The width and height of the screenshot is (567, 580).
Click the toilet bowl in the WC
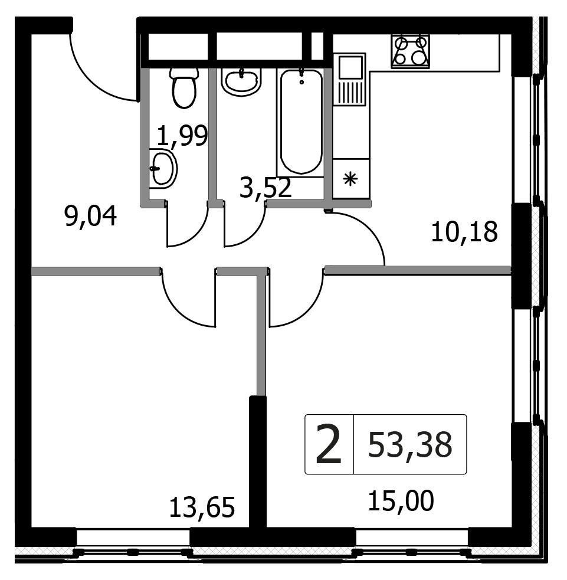[x=184, y=88]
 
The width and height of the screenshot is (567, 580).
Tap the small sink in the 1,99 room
[x=163, y=168]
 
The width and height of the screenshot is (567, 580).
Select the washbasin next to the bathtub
[x=241, y=82]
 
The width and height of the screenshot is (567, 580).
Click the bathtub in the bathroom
[x=301, y=122]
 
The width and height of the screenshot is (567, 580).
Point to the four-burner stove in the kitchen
[x=411, y=51]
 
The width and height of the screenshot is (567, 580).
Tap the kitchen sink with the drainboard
[x=349, y=79]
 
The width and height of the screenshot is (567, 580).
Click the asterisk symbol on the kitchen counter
[x=350, y=179]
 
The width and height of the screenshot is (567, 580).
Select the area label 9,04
[x=91, y=217]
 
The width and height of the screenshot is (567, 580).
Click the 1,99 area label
[x=182, y=136]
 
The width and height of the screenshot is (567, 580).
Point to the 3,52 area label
[x=266, y=187]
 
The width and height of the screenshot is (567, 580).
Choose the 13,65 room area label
[x=202, y=507]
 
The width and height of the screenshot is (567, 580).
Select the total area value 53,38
[x=410, y=445]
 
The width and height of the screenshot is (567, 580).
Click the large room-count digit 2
[x=329, y=444]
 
